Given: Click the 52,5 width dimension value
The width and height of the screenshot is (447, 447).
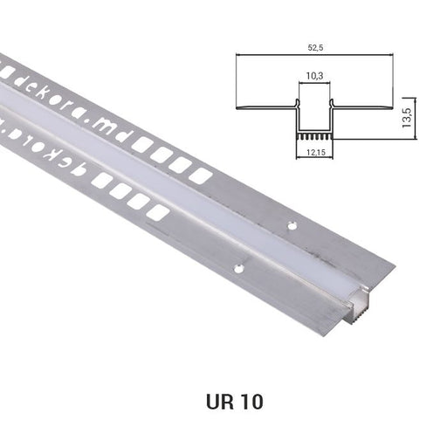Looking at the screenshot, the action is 316,48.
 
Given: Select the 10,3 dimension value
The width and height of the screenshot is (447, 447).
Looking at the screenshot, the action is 314,76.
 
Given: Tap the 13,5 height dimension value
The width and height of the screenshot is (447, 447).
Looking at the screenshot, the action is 406,118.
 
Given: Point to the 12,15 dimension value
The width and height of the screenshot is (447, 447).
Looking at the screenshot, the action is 316,152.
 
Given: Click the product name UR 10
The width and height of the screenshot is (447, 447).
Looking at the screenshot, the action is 235,402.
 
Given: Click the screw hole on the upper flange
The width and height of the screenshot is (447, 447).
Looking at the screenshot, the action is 292,225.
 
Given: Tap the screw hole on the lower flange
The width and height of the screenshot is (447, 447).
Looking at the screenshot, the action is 239,268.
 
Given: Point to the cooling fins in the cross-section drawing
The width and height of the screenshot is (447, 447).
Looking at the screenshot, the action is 314,137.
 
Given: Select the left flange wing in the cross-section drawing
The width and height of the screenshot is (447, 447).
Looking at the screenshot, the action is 265,107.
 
